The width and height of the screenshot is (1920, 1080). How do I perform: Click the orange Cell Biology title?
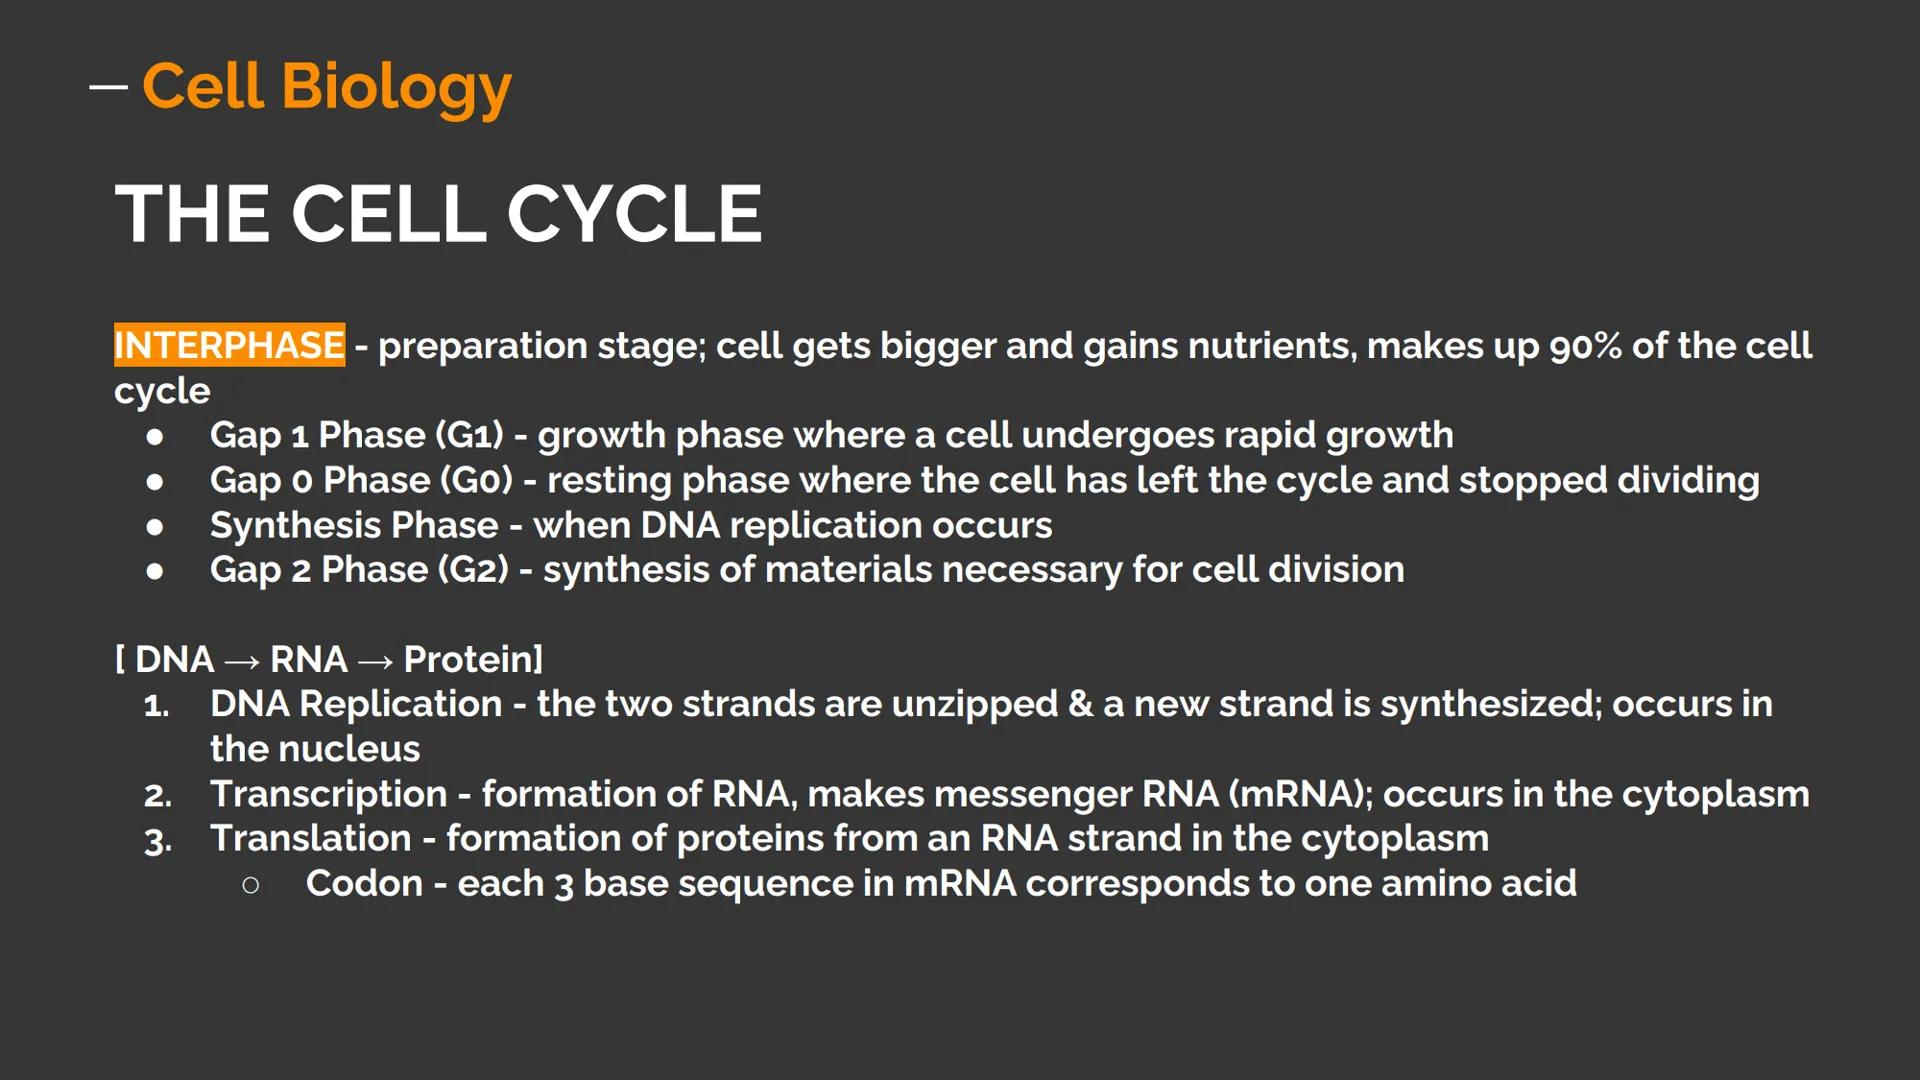coord(326,87)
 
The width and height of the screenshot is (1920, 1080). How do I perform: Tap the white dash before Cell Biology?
coord(108,88)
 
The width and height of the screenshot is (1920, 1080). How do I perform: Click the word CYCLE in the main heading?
coord(634,214)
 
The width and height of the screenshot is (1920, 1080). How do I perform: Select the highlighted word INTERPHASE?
coord(229,345)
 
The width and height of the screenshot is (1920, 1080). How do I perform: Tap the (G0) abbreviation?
coord(476,480)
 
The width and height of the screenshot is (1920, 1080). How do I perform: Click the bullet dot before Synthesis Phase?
coord(155,526)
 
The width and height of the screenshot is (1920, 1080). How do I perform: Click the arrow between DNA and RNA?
coord(242,661)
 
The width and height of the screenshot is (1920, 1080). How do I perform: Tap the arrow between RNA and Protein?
coord(375,661)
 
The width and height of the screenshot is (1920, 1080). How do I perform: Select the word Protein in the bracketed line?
coord(468,659)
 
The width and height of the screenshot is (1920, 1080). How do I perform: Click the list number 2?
coord(157,796)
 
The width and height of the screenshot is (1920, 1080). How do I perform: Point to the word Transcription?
coord(328,794)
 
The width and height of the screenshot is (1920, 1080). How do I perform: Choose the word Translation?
coord(310,838)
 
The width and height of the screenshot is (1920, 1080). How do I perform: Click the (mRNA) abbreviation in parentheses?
coord(1300,794)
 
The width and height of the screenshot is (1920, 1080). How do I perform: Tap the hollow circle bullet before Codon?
coord(251,885)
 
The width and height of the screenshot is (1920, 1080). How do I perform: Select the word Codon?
coord(364,883)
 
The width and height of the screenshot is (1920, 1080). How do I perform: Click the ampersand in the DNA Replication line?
coord(1080,704)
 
